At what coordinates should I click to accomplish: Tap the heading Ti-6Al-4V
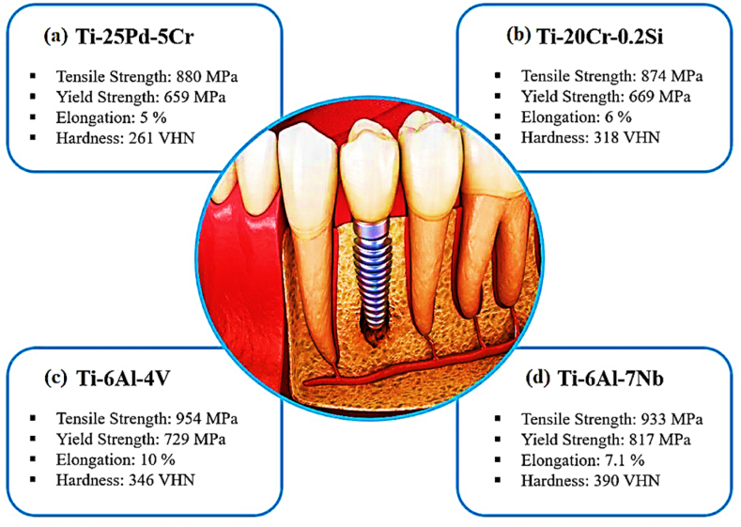[x=124, y=380]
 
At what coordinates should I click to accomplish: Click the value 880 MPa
[x=208, y=75]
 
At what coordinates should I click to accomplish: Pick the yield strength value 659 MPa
[x=198, y=96]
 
